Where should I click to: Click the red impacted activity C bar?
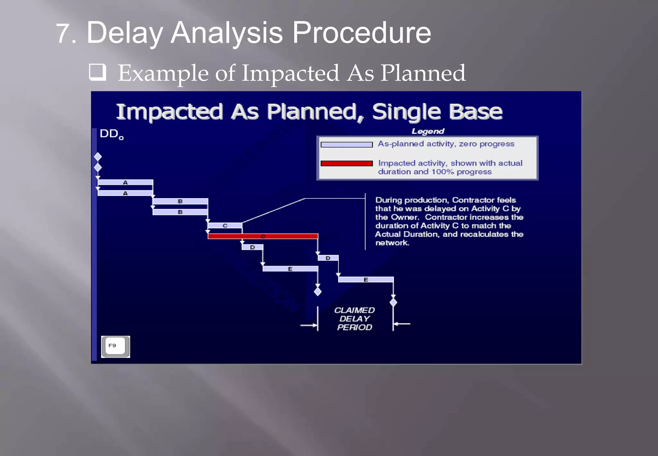click(x=263, y=236)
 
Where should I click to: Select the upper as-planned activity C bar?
click(x=225, y=226)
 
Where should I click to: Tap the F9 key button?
click(x=115, y=346)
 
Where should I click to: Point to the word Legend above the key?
click(x=428, y=131)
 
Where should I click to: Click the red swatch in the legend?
click(x=347, y=163)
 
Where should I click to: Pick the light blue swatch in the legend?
click(x=347, y=145)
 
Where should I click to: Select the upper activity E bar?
click(x=290, y=269)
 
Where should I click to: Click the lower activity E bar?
click(x=366, y=280)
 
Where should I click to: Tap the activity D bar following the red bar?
click(x=328, y=258)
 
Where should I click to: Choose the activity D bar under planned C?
click(x=252, y=247)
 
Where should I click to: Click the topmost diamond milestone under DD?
click(x=98, y=157)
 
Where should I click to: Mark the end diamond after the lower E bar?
click(x=393, y=303)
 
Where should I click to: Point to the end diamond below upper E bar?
click(x=318, y=292)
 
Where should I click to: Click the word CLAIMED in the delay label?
click(x=354, y=310)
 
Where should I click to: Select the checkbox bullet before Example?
click(x=97, y=72)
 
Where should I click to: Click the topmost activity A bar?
click(x=125, y=182)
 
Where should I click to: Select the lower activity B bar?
click(x=180, y=212)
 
